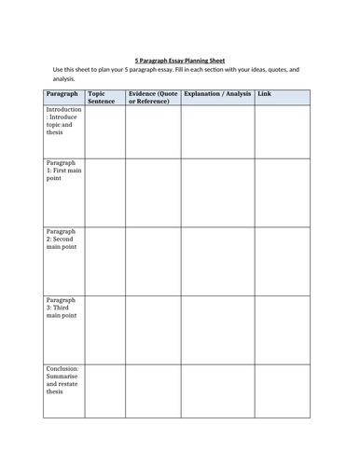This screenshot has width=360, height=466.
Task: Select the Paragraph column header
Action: click(62, 94)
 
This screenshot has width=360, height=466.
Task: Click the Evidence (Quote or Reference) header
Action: click(152, 97)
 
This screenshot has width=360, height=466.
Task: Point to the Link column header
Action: click(266, 94)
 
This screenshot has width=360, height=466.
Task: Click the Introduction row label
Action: click(63, 120)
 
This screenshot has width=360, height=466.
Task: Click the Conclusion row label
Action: click(63, 380)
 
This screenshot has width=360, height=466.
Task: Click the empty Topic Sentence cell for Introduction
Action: click(104, 130)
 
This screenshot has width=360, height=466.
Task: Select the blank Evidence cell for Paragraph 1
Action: click(152, 191)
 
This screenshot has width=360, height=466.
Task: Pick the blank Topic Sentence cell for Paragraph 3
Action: click(104, 329)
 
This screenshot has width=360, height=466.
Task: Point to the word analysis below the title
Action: click(53, 79)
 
